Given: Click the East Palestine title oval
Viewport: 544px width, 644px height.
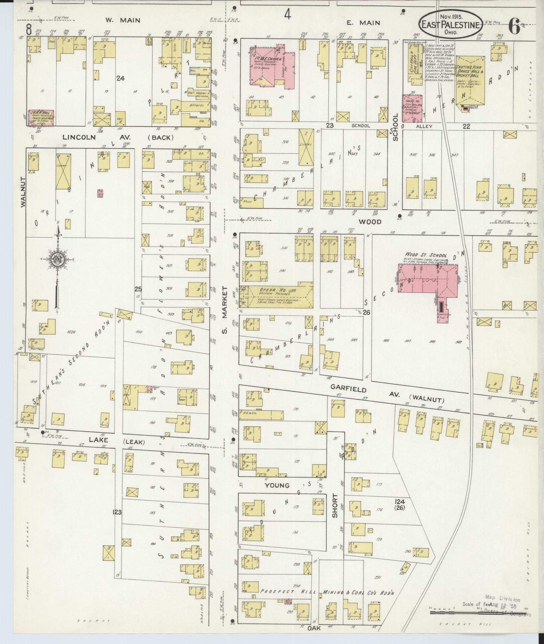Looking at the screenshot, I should pos(451,24).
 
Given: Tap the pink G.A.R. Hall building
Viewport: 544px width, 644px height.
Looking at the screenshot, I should pos(41,118).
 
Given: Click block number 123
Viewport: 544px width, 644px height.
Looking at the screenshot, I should pos(117,512).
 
